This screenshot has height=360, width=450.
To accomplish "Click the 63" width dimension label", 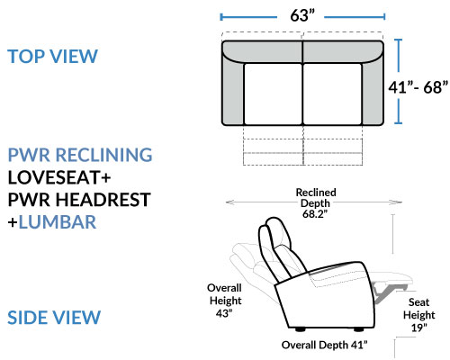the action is pos(302,15).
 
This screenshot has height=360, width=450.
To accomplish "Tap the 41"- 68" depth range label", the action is pos(418,87).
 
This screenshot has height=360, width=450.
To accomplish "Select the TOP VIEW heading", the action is pos(53,56).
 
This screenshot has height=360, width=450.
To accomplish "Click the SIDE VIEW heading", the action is pos(54,318).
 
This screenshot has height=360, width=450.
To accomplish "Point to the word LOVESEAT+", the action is pos(59,177).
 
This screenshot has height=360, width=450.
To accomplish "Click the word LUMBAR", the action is pos(58,222).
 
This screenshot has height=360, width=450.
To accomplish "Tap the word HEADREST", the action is pos(103,200).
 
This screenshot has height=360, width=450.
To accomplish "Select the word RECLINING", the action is pos(104,155).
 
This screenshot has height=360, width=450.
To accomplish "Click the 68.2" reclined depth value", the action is pos(315,214).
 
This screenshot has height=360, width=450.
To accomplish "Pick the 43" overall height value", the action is pos(224,313).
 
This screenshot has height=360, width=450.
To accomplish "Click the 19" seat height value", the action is pos(418,328).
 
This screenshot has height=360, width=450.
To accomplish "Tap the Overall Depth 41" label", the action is pos(324,345).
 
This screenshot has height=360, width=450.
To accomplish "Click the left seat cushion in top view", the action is pos(273,94).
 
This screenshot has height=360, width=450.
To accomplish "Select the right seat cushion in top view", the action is pos(332,94).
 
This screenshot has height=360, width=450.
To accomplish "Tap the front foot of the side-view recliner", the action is pos(358,329).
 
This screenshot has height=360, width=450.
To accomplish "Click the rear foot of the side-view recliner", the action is pos(300,329).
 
